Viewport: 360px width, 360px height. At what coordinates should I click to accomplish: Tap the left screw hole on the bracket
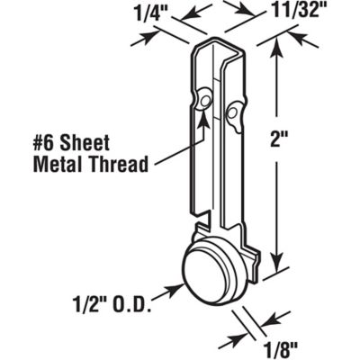pyautogui.click(x=206, y=96)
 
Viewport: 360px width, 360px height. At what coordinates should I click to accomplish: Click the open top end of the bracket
pyautogui.click(x=222, y=50)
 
